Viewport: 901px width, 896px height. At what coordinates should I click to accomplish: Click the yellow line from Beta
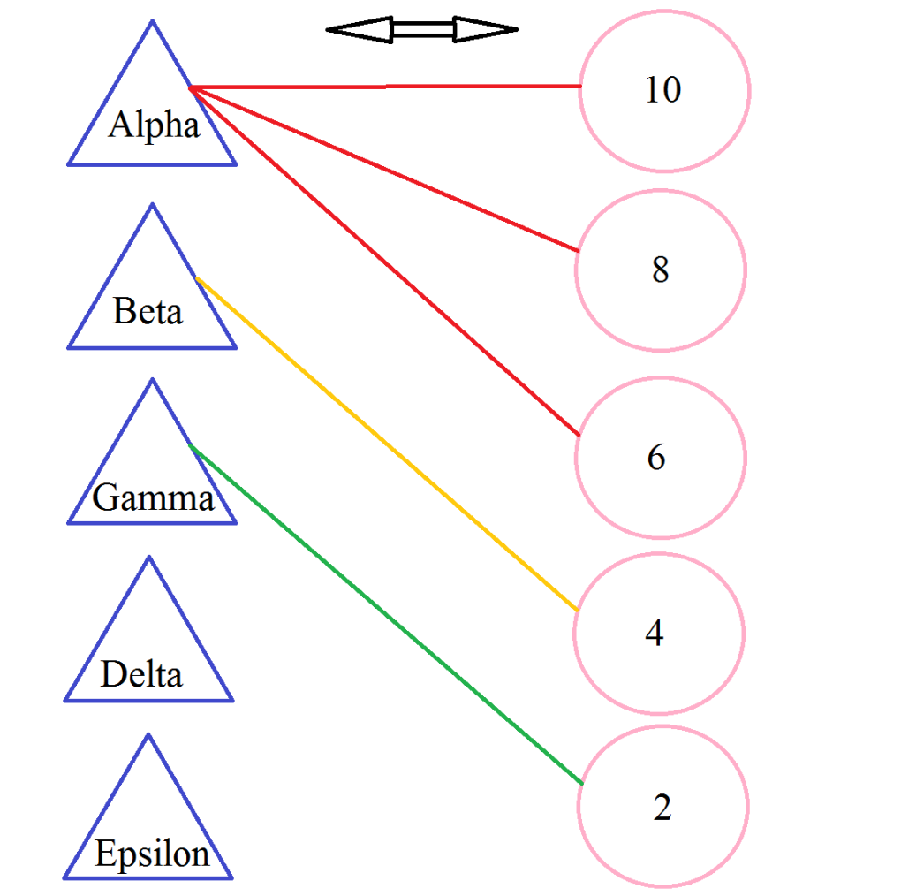click(x=386, y=444)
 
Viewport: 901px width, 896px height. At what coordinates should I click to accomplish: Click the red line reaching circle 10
click(x=386, y=87)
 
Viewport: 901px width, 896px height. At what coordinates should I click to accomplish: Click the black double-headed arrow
click(x=422, y=29)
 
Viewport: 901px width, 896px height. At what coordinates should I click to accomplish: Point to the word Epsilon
click(x=152, y=854)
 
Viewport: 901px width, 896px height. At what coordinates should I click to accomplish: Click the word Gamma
click(x=153, y=498)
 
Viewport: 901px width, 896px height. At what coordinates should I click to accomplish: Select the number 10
click(x=662, y=90)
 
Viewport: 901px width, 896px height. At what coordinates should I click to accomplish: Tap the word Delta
click(x=141, y=675)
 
